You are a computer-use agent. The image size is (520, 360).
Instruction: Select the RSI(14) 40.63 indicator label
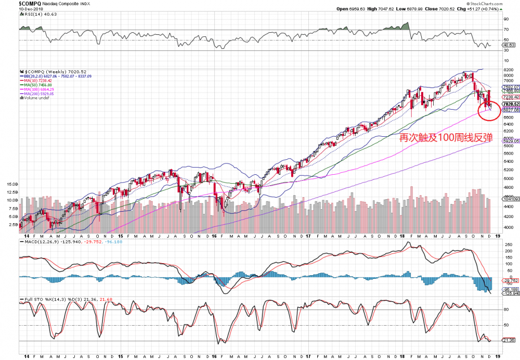(x=33, y=15)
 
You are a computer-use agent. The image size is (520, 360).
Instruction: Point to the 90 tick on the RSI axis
(x=505, y=19)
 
